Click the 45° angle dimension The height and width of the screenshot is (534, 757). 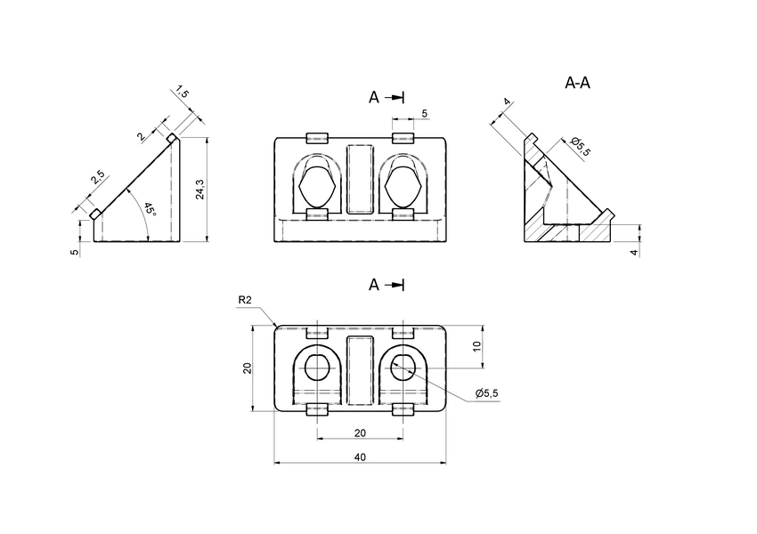click(149, 211)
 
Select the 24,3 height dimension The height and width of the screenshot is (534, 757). click(200, 189)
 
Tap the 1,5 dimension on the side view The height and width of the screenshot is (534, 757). click(182, 93)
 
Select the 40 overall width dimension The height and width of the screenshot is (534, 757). click(360, 457)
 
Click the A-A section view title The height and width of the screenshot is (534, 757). click(578, 83)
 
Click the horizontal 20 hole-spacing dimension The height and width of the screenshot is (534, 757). click(360, 432)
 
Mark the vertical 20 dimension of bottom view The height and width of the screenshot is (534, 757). click(248, 368)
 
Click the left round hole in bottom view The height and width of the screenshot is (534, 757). click(317, 368)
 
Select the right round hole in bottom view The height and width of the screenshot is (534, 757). click(403, 368)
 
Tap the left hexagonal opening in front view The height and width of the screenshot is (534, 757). click(317, 188)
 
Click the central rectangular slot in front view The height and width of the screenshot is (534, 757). click(360, 177)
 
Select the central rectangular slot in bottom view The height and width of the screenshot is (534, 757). click(360, 368)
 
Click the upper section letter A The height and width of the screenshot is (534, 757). click(375, 98)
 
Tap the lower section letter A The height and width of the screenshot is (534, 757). click(375, 285)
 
